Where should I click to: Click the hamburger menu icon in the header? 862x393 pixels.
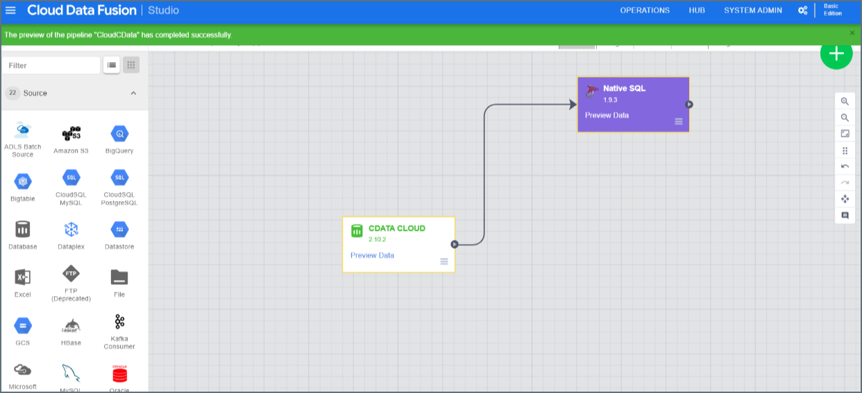(x=10, y=10)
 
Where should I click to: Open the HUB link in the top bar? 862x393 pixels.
(x=696, y=10)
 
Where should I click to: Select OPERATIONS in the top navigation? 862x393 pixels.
(x=645, y=10)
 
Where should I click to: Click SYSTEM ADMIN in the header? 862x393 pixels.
(x=752, y=10)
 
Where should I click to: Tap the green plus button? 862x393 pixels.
(x=836, y=53)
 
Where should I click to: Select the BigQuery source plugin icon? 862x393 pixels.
(x=119, y=134)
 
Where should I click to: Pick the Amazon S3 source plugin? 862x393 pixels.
(x=71, y=134)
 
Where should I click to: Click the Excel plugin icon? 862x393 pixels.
(x=22, y=277)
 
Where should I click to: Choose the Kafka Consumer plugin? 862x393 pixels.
(x=119, y=322)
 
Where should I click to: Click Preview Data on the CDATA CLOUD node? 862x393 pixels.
(x=372, y=256)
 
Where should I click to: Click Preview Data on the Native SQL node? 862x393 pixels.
(x=607, y=116)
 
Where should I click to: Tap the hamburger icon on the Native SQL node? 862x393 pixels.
(x=679, y=121)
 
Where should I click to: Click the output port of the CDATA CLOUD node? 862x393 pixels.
(x=455, y=244)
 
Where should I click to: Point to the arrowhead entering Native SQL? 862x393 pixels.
(x=573, y=104)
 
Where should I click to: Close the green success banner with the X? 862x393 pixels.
(x=852, y=33)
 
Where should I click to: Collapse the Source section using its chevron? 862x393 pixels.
(x=133, y=93)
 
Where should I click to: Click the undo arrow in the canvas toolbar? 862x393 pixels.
(x=845, y=166)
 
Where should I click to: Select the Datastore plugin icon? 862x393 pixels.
(x=119, y=229)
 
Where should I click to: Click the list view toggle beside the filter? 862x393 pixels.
(x=111, y=65)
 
